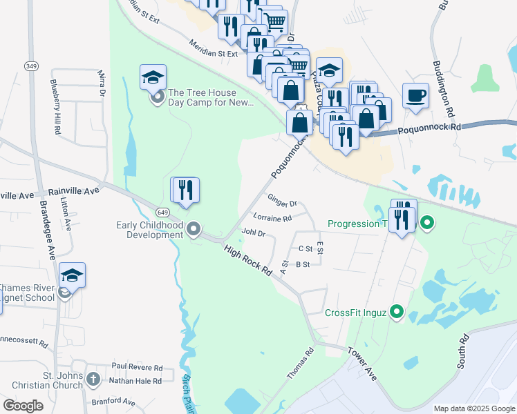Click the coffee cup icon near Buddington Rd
pyautogui.click(x=416, y=96)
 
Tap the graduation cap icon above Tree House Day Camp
pyautogui.click(x=153, y=77)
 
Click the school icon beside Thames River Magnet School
pyautogui.click(x=72, y=275)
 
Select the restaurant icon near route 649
pyautogui.click(x=185, y=190)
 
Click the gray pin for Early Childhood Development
pyautogui.click(x=194, y=229)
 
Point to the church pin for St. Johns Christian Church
pyautogui.click(x=93, y=379)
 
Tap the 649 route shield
pyautogui.click(x=162, y=213)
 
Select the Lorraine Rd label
pyautogui.click(x=272, y=218)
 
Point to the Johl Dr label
pyautogui.click(x=253, y=233)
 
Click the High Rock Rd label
pyautogui.click(x=248, y=260)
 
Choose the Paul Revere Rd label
pyautogui.click(x=137, y=368)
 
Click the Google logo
pyautogui.click(x=23, y=406)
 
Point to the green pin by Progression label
pyautogui.click(x=427, y=223)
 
